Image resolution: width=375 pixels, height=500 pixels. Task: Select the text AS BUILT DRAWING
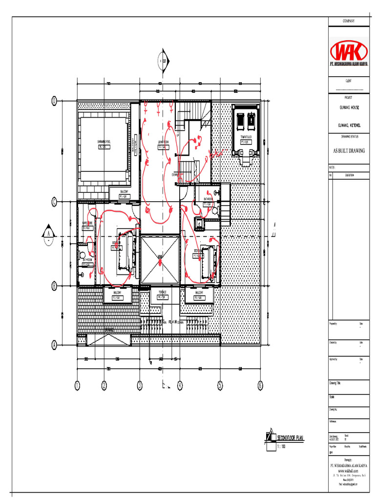pyautogui.click(x=349, y=151)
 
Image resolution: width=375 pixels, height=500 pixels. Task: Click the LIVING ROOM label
pyautogui.click(x=163, y=142)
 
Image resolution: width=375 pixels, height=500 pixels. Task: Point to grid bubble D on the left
pyautogui.click(x=55, y=101)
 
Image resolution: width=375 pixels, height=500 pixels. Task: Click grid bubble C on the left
pyautogui.click(x=55, y=201)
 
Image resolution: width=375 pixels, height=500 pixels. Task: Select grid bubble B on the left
pyautogui.click(x=55, y=286)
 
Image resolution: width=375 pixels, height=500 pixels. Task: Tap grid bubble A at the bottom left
pyautogui.click(x=55, y=345)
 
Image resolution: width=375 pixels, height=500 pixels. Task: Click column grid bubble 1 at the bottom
pyautogui.click(x=77, y=386)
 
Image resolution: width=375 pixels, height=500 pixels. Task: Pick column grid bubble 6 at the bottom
pyautogui.click(x=260, y=386)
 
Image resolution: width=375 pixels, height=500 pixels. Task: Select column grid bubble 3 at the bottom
pyautogui.click(x=140, y=386)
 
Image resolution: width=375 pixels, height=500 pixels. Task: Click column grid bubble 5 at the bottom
pyautogui.click(x=220, y=386)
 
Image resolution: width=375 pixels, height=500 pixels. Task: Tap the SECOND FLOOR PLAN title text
pyautogui.click(x=290, y=438)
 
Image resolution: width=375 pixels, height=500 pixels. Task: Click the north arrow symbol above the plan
pyautogui.click(x=162, y=61)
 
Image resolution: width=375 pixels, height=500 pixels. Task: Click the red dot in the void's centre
pyautogui.click(x=160, y=262)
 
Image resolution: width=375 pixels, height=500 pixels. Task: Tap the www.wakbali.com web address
pyautogui.click(x=349, y=471)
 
